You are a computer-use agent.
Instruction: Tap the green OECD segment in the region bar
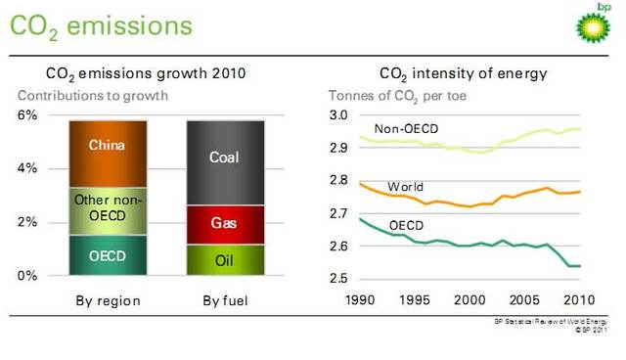pyautogui.click(x=108, y=255)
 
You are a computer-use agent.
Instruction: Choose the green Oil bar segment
pyautogui.click(x=225, y=260)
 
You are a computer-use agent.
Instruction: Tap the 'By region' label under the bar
pyautogui.click(x=108, y=300)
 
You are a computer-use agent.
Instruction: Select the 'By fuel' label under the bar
pyautogui.click(x=225, y=300)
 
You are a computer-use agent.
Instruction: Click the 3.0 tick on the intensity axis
pyautogui.click(x=339, y=115)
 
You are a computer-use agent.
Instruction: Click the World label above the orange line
pyautogui.click(x=405, y=186)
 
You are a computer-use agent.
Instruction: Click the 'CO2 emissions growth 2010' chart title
pyautogui.click(x=146, y=73)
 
